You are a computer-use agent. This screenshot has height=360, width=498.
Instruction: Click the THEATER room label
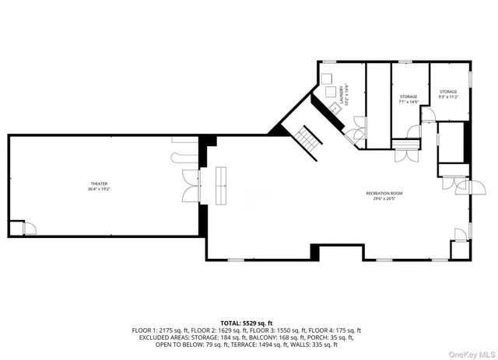[x=99, y=184]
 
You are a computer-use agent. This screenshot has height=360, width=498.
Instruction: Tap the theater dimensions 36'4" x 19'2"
[x=99, y=190]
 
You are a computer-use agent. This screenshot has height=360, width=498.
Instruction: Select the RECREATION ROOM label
[x=384, y=193]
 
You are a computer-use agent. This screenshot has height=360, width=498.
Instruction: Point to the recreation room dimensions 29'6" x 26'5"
[x=384, y=198]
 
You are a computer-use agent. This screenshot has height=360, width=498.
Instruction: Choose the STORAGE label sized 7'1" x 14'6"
[x=409, y=97]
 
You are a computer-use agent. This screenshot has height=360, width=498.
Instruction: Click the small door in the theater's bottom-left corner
[x=28, y=228]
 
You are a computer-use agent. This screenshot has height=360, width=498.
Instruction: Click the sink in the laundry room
[x=333, y=108]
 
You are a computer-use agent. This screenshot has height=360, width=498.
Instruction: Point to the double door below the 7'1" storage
[x=405, y=153]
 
